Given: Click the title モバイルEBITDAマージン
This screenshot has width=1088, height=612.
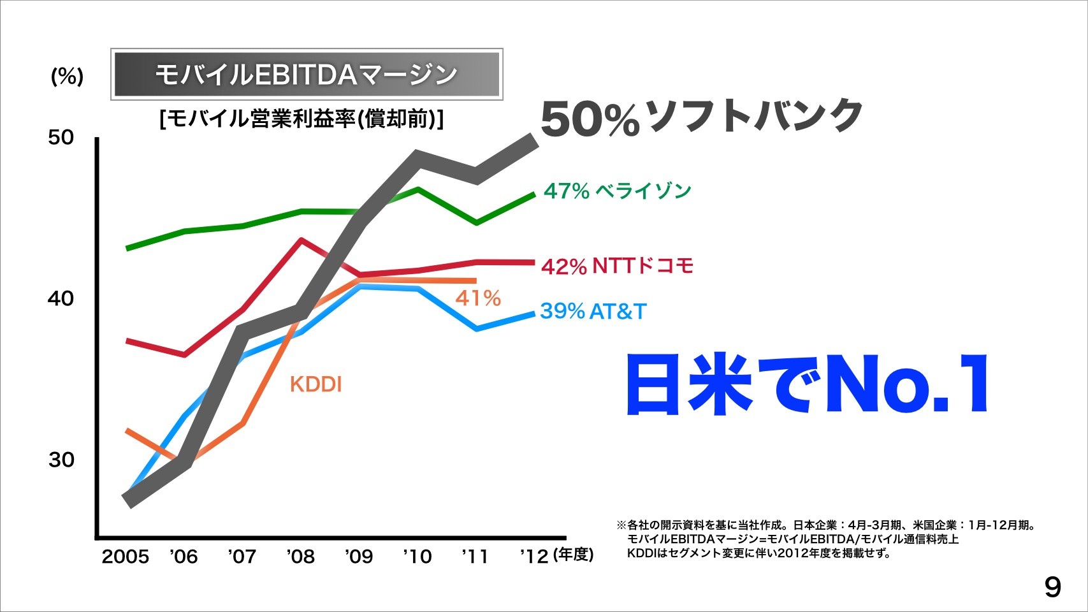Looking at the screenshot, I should [307, 74].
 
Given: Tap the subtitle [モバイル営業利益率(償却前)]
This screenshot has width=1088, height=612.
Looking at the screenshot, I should [301, 119].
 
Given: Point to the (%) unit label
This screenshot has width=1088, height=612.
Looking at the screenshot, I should [67, 76].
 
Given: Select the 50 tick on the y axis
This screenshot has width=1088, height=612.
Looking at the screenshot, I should [61, 137].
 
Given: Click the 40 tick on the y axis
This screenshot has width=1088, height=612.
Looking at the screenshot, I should [61, 298].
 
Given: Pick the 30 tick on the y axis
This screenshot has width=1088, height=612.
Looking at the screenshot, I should [61, 460].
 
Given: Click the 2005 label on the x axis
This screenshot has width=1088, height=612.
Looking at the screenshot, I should [125, 557].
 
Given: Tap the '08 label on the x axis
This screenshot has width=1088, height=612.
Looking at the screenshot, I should [300, 557].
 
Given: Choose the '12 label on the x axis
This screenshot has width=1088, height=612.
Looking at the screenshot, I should [534, 557].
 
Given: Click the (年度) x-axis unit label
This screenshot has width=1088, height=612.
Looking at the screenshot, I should [574, 555].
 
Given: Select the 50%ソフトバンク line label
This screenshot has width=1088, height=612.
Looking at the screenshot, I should [701, 117].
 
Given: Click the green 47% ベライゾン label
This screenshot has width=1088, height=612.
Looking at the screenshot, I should [617, 191].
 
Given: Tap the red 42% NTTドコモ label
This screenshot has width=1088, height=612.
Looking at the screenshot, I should [617, 265].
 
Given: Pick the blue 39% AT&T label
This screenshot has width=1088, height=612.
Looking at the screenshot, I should [593, 311].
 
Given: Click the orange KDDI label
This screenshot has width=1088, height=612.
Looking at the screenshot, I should [316, 384].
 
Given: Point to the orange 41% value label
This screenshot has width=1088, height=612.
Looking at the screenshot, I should [478, 298].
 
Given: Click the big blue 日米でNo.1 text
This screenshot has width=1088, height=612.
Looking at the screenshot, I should [808, 385].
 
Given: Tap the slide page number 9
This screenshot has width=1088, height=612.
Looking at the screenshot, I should [1053, 587].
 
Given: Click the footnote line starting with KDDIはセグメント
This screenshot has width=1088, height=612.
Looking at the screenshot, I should [758, 553].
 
